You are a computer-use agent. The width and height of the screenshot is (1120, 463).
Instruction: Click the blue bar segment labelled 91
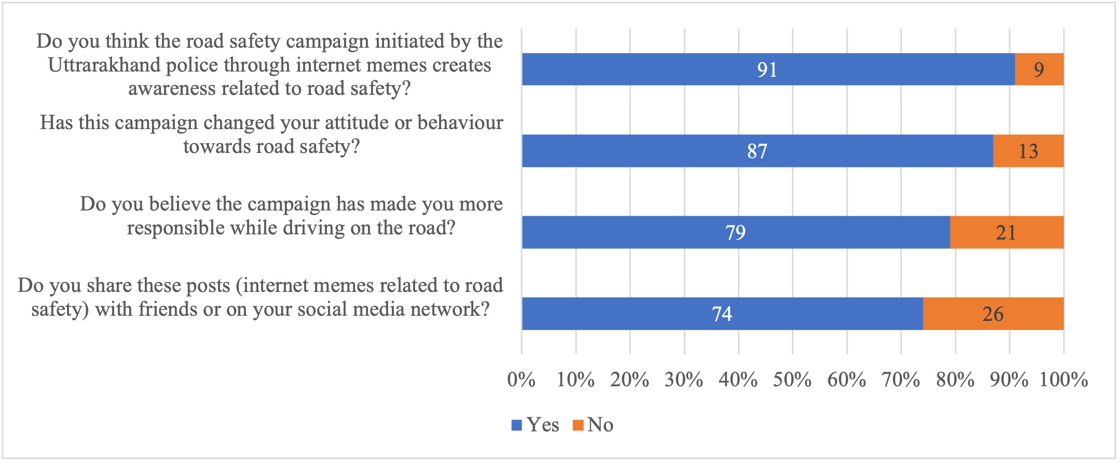click(x=768, y=69)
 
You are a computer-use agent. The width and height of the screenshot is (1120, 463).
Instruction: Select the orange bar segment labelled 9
click(x=1039, y=69)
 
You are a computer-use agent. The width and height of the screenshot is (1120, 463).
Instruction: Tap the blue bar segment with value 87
click(x=757, y=151)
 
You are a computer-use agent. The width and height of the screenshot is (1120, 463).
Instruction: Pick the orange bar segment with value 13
click(x=1028, y=151)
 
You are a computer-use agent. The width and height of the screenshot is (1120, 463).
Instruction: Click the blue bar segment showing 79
click(x=735, y=232)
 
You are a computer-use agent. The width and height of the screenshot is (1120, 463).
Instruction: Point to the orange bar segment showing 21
click(x=1006, y=232)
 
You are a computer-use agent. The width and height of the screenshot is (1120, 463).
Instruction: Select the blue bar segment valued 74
click(x=722, y=314)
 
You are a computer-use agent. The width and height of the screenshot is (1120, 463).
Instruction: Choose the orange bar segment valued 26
click(x=993, y=314)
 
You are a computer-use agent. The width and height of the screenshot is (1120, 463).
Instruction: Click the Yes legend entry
click(x=536, y=425)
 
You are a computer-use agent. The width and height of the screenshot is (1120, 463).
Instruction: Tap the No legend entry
click(x=593, y=425)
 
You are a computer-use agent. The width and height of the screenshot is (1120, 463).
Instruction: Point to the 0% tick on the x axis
click(x=521, y=380)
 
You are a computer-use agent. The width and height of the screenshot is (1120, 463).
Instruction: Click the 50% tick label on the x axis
click(x=792, y=380)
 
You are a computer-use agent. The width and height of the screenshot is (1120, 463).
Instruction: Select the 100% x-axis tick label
click(x=1063, y=380)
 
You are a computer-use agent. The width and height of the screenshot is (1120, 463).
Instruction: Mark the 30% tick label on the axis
click(x=684, y=380)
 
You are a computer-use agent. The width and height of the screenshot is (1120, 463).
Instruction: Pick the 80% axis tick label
click(x=955, y=380)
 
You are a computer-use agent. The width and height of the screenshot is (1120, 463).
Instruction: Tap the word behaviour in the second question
click(x=460, y=123)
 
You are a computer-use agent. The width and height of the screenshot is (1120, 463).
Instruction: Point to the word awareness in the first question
click(x=172, y=89)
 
